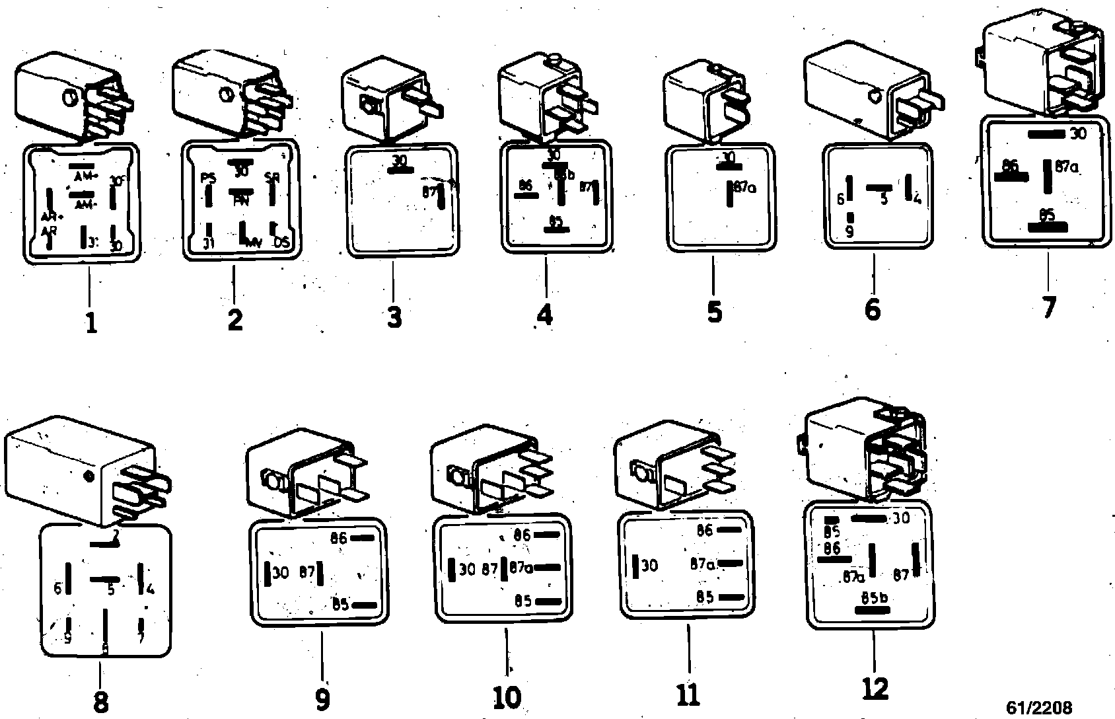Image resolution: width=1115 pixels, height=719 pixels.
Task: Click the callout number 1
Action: click(x=91, y=323)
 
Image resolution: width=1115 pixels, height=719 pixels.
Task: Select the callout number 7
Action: click(x=1048, y=307)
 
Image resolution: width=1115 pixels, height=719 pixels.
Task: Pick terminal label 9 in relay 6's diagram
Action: click(x=849, y=232)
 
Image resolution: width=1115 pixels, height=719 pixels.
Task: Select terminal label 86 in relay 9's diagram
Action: click(x=338, y=538)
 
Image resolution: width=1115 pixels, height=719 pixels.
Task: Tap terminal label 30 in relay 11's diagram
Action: click(x=649, y=566)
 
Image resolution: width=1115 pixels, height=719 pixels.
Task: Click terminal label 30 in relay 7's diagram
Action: click(x=1077, y=134)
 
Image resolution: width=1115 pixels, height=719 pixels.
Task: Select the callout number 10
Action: click(x=507, y=697)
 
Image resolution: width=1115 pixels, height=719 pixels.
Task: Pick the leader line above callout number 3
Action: click(x=392, y=282)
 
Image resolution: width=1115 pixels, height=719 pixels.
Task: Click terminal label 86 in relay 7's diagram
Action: click(x=1009, y=166)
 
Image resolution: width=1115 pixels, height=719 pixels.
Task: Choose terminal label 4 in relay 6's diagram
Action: click(x=917, y=198)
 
